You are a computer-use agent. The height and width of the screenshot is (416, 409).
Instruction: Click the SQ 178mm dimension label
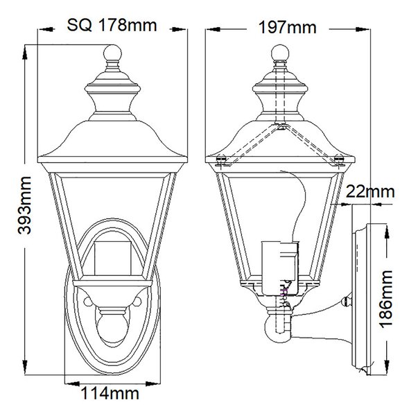click(x=112, y=26)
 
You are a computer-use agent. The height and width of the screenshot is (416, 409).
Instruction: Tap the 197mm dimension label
click(x=288, y=27)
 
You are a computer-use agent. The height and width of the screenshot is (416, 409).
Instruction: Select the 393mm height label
click(x=24, y=205)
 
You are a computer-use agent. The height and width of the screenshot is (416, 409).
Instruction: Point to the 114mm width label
click(x=110, y=393)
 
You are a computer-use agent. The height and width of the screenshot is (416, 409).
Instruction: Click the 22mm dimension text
click(x=370, y=191)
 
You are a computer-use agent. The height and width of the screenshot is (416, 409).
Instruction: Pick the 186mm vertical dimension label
click(x=386, y=299)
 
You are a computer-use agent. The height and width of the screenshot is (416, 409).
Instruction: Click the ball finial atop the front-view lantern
click(x=112, y=53)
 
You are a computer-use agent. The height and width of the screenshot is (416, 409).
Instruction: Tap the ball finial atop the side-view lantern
click(x=280, y=53)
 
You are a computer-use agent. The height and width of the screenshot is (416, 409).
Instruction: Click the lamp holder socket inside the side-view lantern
click(x=280, y=268)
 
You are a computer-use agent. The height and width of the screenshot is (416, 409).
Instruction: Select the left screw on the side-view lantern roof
click(x=221, y=160)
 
